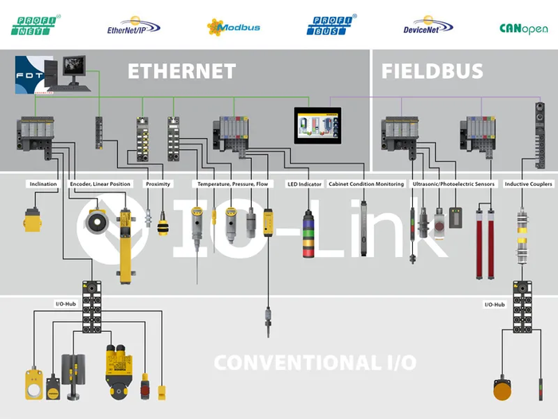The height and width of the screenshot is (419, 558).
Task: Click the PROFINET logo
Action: (x=37, y=26)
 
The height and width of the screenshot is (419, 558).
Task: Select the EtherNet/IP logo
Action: (x=133, y=28)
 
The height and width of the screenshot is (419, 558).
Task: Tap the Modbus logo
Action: (x=234, y=27)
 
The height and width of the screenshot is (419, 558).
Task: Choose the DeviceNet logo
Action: (x=428, y=28)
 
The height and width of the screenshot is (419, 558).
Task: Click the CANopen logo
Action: (x=523, y=28)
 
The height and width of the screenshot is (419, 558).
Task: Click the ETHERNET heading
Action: (x=182, y=71)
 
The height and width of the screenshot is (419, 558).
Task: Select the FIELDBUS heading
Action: (x=432, y=71)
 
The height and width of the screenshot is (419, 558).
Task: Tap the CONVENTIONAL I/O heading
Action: (x=314, y=362)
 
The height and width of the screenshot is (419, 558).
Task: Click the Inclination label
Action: (x=43, y=184)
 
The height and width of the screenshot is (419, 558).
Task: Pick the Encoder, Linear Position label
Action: (x=100, y=184)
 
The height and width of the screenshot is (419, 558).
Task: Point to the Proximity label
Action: (x=158, y=184)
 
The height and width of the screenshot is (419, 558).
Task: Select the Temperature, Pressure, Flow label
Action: (x=236, y=184)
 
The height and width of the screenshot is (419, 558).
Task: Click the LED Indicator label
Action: (x=304, y=184)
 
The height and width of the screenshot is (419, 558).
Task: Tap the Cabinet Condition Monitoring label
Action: (x=367, y=184)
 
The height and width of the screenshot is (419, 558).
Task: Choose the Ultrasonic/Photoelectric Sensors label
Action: (x=454, y=184)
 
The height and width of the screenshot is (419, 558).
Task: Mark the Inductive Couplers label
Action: (x=529, y=184)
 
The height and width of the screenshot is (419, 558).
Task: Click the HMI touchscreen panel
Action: (x=317, y=125)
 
